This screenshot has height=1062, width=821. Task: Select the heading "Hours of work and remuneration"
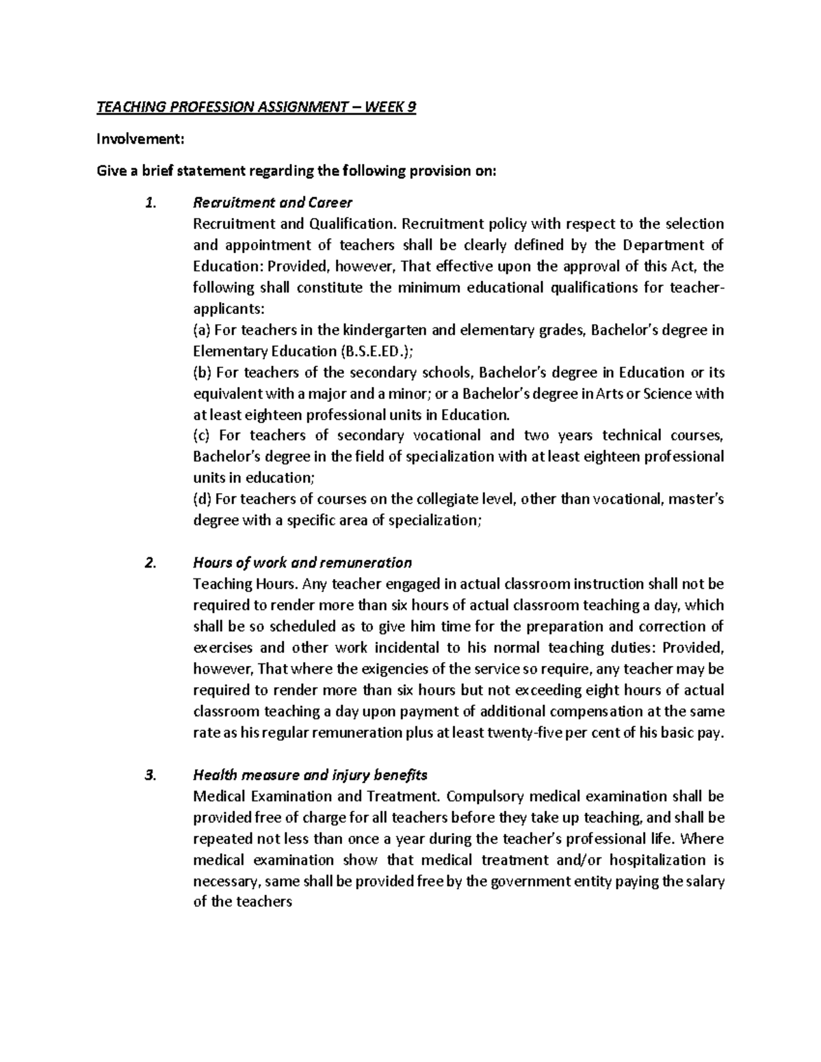tap(302, 563)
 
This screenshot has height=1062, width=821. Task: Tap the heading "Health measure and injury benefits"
tap(310, 775)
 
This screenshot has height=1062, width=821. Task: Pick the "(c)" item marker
tap(203, 436)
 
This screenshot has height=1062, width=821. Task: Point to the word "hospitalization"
tap(658, 860)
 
